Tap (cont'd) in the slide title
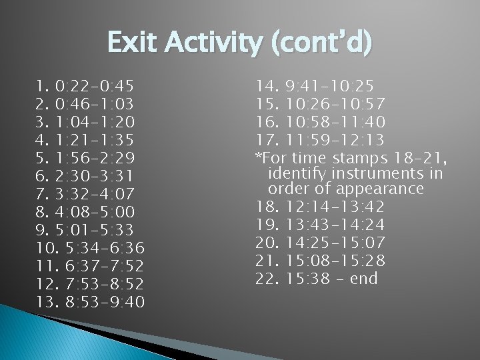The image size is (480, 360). [319, 44]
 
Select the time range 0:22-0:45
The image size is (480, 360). [95, 86]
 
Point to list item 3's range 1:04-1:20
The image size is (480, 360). [95, 122]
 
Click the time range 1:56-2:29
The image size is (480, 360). [95, 158]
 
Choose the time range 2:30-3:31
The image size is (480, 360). [95, 176]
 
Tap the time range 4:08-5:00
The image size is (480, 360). [95, 212]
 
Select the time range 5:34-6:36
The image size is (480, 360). [106, 248]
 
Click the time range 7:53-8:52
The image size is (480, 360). [106, 284]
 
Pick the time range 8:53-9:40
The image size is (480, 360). [106, 302]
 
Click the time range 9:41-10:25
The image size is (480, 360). [329, 86]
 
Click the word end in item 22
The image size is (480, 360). [363, 277]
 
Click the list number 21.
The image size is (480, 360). [266, 259]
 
